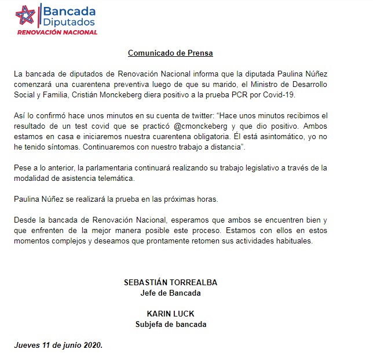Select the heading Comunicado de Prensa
click(x=170, y=53)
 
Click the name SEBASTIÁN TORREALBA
click(x=170, y=282)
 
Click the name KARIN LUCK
click(x=170, y=314)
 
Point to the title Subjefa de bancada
click(x=170, y=323)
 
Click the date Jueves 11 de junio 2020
click(x=58, y=345)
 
